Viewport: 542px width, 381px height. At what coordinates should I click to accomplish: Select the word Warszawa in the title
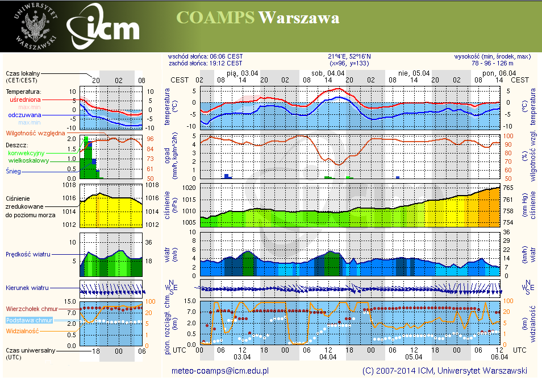coord(299,18)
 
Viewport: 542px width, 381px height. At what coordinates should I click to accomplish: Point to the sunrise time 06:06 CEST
coord(226,56)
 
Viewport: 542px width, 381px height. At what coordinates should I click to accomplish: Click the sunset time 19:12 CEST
coord(226,63)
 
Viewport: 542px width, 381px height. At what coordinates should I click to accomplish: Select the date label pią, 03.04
coord(243,73)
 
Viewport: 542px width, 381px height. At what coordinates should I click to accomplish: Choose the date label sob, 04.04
coord(328,73)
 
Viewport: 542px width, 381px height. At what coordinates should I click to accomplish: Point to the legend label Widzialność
coord(22,330)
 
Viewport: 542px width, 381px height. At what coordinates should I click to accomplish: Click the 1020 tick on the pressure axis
coord(189,188)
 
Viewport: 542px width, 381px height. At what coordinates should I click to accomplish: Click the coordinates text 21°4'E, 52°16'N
coord(349,56)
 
